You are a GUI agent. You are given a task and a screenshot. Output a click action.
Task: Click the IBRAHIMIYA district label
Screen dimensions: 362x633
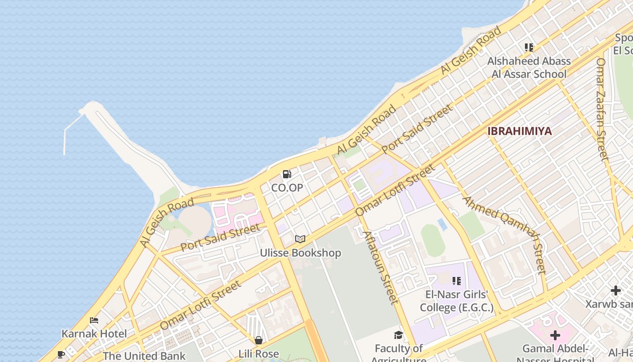point(520,131)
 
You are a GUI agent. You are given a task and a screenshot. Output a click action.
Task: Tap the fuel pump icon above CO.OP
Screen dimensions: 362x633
point(287,174)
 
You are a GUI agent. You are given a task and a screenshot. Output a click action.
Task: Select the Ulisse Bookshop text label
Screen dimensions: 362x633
point(300,252)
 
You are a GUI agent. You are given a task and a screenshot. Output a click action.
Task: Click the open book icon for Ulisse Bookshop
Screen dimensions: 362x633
point(300,239)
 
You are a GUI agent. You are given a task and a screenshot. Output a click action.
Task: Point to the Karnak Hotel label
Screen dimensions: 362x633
point(94,334)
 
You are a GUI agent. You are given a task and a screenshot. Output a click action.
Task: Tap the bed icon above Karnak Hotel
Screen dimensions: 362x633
point(94,320)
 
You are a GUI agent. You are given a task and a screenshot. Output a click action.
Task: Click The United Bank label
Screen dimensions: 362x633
point(144,356)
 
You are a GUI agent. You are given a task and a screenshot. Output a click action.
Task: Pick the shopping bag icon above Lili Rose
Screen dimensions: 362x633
point(258,340)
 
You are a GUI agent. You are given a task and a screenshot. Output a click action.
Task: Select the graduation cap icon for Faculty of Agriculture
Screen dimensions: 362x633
point(398,335)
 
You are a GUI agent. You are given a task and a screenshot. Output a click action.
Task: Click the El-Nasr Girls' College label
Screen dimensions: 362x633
point(457,301)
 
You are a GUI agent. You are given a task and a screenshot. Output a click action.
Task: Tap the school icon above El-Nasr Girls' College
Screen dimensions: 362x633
point(457,281)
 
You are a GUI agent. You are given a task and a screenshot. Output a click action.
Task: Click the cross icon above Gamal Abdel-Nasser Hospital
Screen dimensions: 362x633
point(555,335)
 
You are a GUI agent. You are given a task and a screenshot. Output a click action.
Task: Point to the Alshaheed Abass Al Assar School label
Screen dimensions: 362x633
point(529,67)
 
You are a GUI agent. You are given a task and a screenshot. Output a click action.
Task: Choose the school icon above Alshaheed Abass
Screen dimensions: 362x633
point(529,48)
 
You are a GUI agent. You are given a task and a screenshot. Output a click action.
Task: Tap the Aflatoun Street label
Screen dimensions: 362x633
point(381,267)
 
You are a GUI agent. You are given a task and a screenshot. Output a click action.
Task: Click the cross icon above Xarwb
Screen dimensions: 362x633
point(615,291)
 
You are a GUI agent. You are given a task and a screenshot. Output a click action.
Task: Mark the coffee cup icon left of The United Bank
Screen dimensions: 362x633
point(61,355)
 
